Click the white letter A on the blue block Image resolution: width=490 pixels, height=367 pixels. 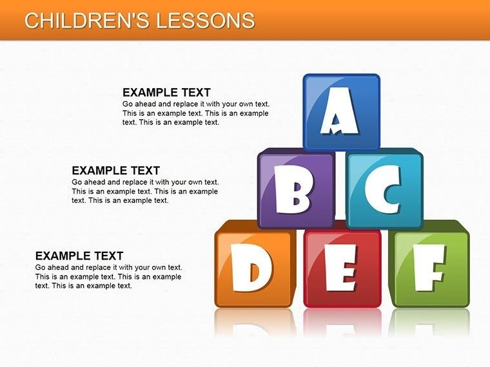click(340, 113)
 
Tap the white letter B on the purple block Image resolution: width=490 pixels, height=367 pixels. click(296, 190)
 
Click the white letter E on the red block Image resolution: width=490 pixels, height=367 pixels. click(340, 267)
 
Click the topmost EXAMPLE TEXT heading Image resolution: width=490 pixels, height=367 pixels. click(166, 93)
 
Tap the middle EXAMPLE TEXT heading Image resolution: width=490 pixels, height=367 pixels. click(115, 171)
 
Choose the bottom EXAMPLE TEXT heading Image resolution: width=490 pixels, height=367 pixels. click(79, 256)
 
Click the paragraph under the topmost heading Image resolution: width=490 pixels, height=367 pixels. click(195, 113)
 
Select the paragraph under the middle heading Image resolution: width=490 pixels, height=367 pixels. click(144, 191)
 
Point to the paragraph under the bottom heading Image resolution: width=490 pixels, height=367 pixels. click(108, 276)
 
